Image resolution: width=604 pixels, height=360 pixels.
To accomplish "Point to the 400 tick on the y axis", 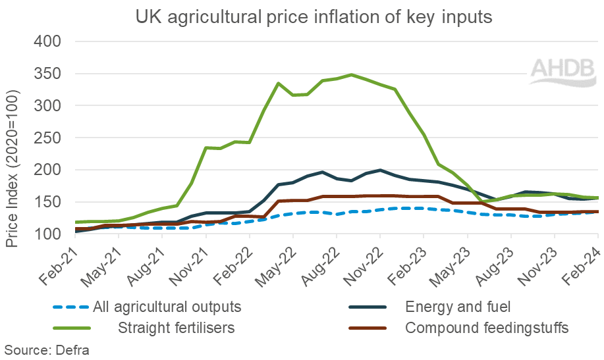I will click(x=47, y=41).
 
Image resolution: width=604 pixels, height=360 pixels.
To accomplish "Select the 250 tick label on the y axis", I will click(x=47, y=138).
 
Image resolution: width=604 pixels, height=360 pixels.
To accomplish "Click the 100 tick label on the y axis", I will click(x=47, y=234).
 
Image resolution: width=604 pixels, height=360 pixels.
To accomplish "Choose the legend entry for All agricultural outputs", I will click(x=167, y=306).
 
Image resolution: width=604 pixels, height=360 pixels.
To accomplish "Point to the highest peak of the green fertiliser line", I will click(x=352, y=74).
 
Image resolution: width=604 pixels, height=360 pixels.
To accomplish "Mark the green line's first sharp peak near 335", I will click(x=279, y=83).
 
